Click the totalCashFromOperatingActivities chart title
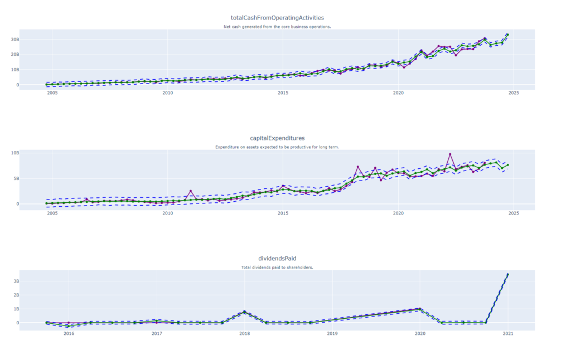coord(277,18)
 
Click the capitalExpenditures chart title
coord(277,138)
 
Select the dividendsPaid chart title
coord(277,259)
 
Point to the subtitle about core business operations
coord(277,27)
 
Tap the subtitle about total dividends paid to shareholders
coord(277,267)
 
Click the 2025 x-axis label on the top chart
coord(514,93)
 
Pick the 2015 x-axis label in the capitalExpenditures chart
coord(283,213)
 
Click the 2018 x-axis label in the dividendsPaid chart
coord(244,334)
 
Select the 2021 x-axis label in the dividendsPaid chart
coord(507,334)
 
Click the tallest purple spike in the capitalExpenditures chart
coord(450,154)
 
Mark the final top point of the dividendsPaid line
coord(507,275)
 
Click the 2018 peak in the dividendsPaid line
coord(244,312)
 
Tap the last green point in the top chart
coord(507,35)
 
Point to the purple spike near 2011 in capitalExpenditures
coord(191,191)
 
